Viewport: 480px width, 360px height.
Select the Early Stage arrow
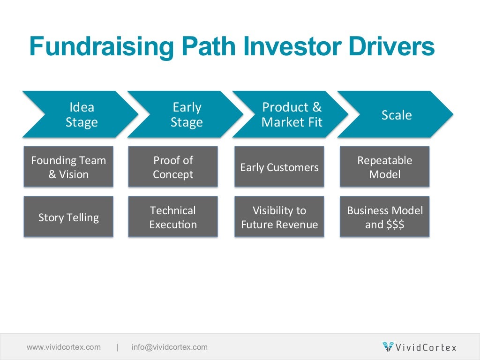point(186,114)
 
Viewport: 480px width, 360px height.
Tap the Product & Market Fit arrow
point(291,114)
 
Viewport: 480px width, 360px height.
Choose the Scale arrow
point(396,114)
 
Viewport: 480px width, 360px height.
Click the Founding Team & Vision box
point(68,167)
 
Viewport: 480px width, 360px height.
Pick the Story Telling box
point(68,217)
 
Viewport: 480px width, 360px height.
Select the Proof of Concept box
point(173,167)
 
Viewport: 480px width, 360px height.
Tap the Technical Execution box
point(173,217)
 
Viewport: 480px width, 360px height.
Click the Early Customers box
point(279,167)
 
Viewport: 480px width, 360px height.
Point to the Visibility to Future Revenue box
point(279,217)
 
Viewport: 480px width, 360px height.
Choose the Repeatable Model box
point(384,167)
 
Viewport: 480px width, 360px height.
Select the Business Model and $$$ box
point(384,217)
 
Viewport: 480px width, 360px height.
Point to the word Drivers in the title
point(389,47)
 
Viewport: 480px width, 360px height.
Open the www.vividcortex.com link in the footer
point(64,347)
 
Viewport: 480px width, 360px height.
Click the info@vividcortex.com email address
point(169,347)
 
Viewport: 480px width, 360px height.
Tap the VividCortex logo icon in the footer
point(388,347)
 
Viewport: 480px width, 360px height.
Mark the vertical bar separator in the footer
point(117,347)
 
